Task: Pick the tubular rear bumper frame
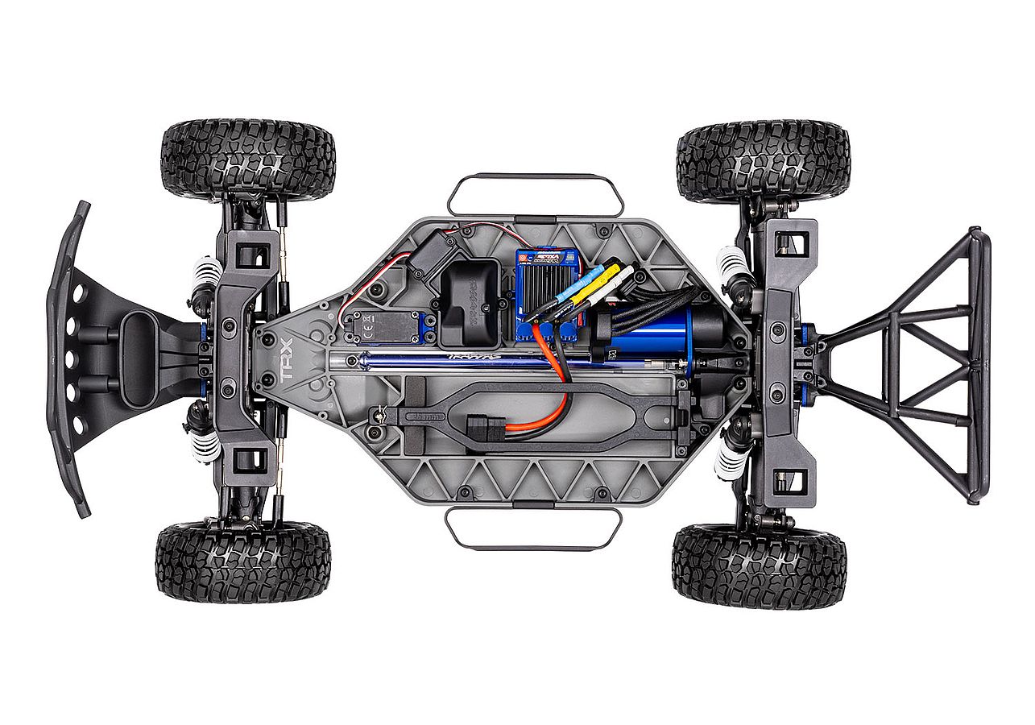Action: click(926, 362)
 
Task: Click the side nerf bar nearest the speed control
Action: click(536, 193)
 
